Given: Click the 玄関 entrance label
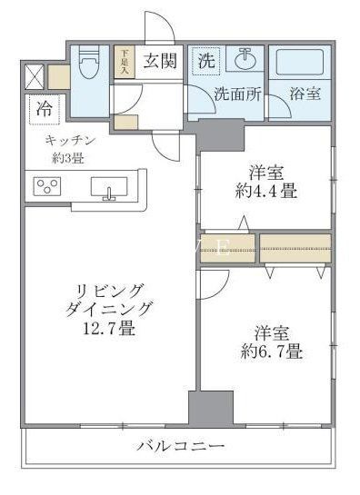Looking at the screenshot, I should click(x=158, y=62).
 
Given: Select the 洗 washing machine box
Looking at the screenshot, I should click(x=207, y=62).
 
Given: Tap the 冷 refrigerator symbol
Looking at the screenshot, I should click(x=43, y=108).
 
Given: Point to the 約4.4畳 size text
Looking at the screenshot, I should click(x=265, y=193).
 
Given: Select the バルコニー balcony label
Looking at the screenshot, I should click(x=182, y=447).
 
